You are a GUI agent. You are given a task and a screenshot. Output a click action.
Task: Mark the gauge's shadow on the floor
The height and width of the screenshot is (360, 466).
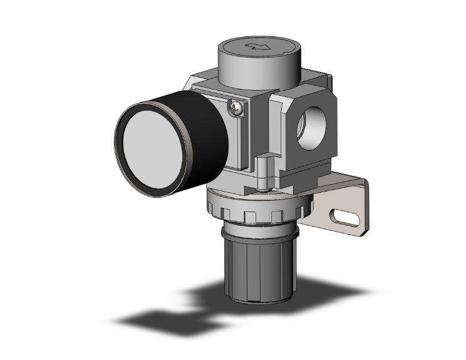(x=157, y=319)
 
